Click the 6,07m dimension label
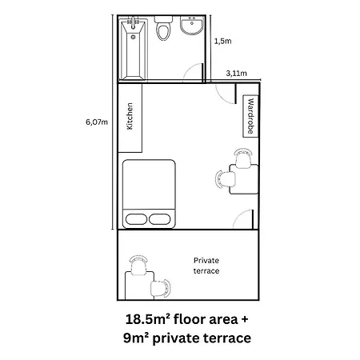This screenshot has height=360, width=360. [97, 122]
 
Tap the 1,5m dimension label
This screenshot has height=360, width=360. [223, 41]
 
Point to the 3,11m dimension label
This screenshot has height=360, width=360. [237, 73]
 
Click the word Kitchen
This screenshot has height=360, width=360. [130, 116]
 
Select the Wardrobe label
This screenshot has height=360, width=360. [250, 116]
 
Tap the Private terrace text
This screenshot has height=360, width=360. [206, 266]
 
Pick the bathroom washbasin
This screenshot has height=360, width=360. [192, 26]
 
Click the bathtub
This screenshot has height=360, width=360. [133, 50]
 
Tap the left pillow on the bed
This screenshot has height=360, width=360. [136, 219]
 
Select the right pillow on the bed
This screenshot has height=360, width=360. [160, 219]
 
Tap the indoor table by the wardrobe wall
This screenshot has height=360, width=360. [244, 179]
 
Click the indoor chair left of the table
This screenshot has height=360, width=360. [226, 179]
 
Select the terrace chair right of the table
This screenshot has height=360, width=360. [160, 289]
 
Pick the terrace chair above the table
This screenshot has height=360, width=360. [138, 265]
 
